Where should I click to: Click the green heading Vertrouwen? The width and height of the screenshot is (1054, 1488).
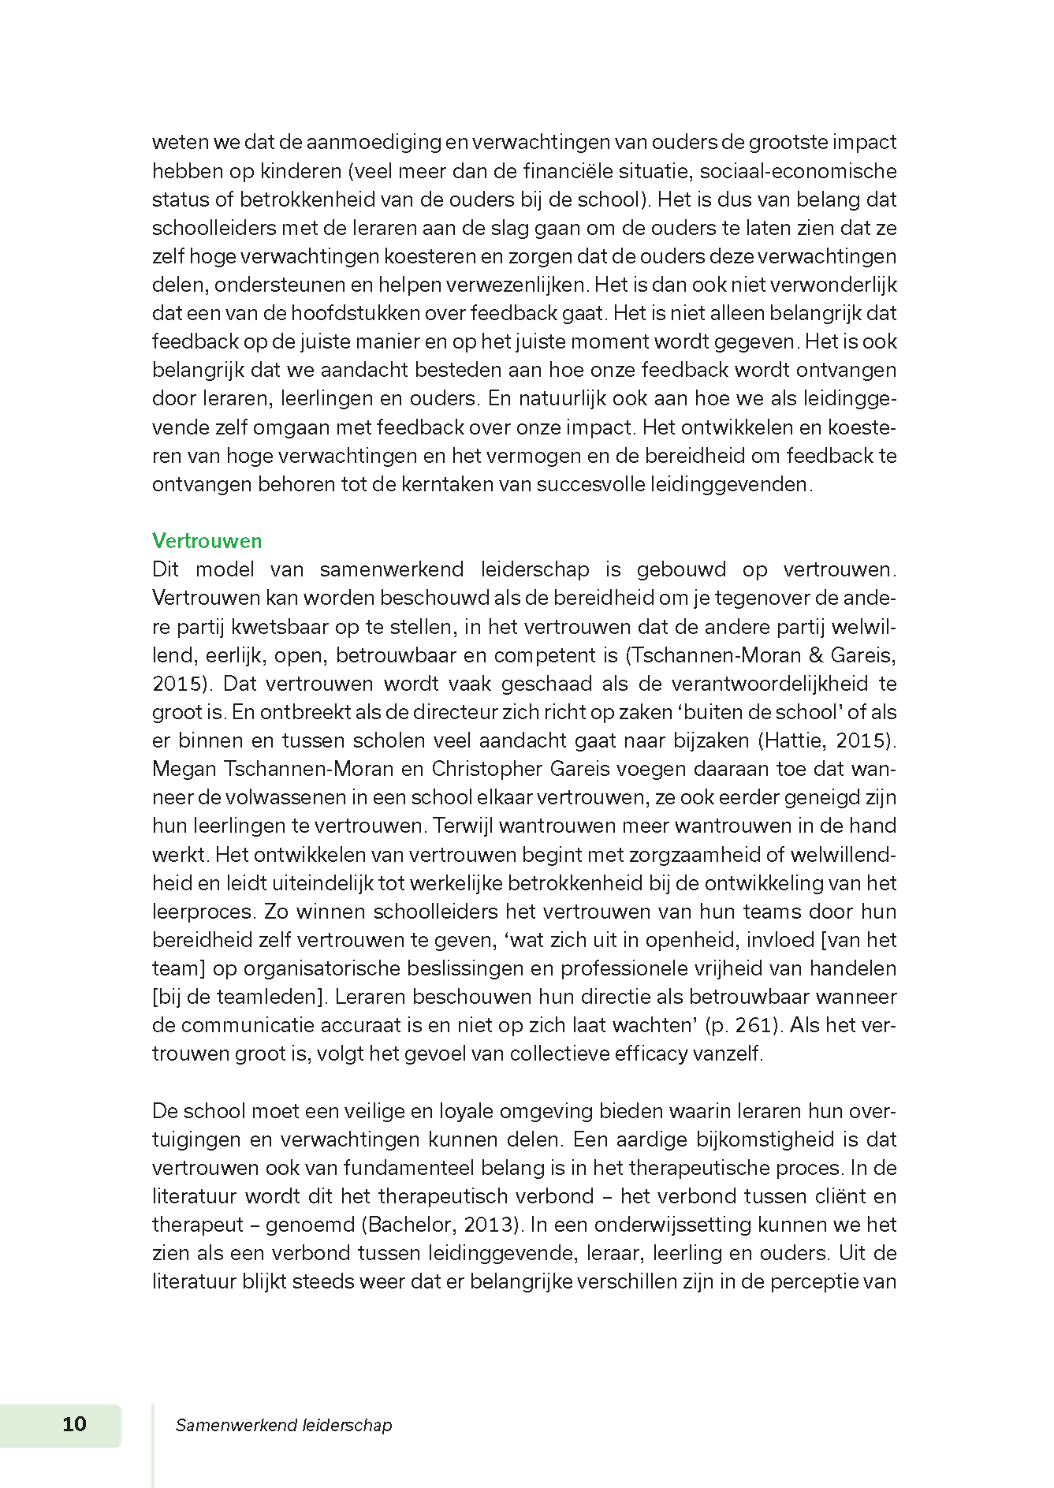point(207,541)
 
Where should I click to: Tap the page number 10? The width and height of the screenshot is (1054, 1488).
point(74,1423)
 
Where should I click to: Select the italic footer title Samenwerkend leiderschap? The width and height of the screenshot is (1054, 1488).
point(284,1425)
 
